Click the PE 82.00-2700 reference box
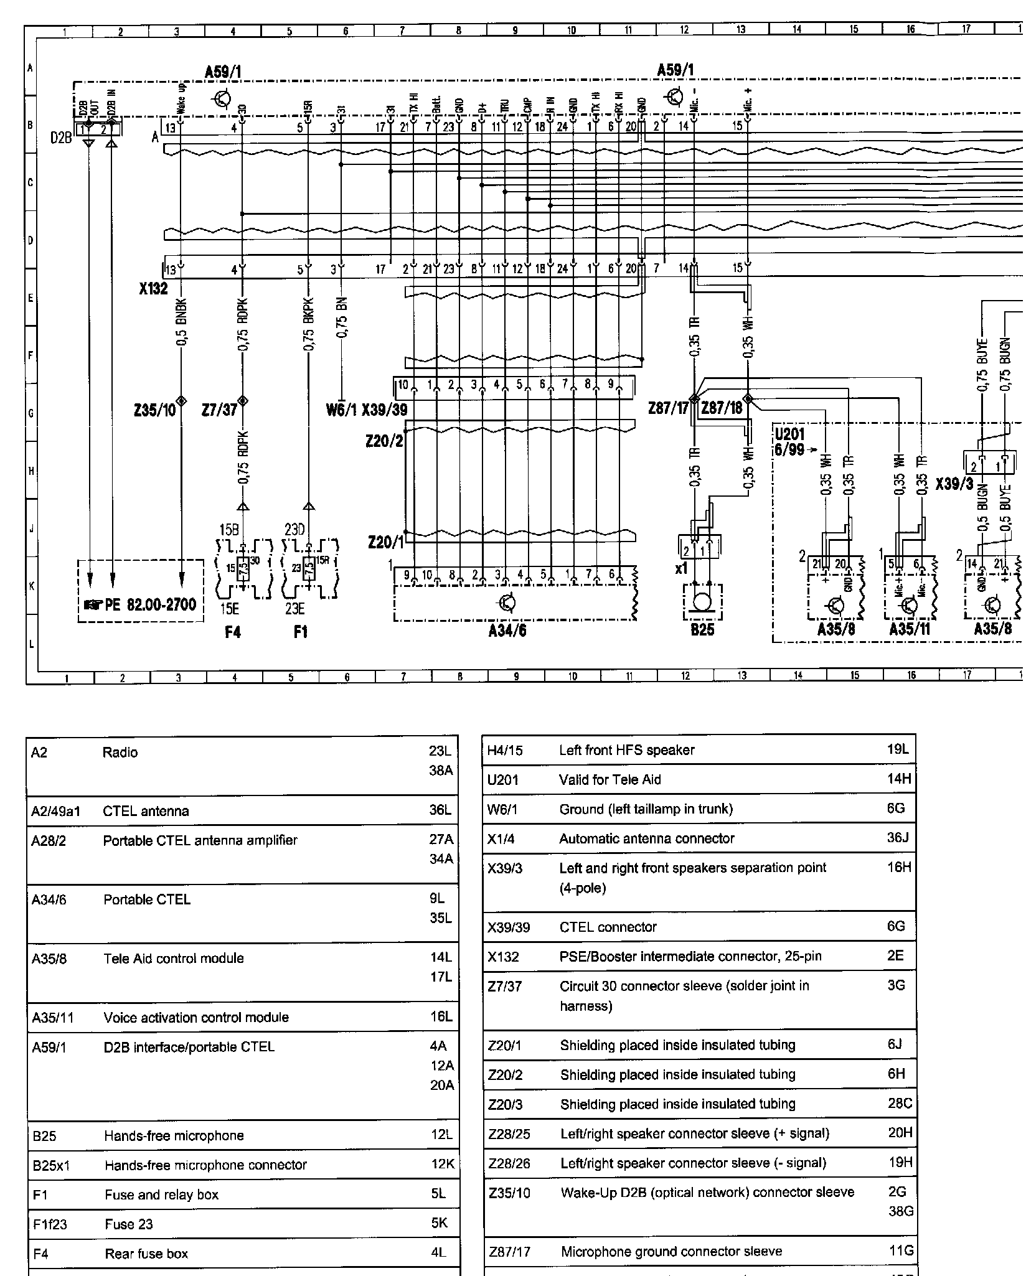[141, 604]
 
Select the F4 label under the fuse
[232, 632]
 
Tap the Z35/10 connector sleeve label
[154, 410]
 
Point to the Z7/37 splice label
[219, 410]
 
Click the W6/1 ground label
[341, 410]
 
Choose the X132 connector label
[153, 289]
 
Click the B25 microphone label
[702, 630]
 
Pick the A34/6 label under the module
[507, 632]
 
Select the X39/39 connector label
[385, 410]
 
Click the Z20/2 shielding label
[384, 441]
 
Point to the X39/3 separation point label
[954, 484]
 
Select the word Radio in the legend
[120, 753]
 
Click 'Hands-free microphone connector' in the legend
[205, 1165]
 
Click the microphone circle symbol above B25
[702, 603]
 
